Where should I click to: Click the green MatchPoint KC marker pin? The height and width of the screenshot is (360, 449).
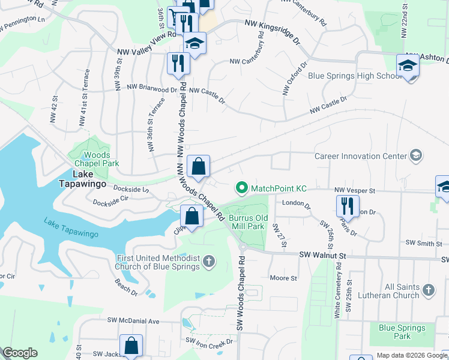point(242,188)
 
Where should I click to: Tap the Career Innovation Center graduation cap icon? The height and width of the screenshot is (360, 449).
point(415,156)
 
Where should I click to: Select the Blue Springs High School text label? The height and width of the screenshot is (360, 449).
point(354,76)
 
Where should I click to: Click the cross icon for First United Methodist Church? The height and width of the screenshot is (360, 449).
point(209,261)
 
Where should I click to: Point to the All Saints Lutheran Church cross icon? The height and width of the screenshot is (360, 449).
point(428,290)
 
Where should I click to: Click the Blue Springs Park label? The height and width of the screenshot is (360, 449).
point(402,332)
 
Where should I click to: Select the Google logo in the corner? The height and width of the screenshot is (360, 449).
point(19,353)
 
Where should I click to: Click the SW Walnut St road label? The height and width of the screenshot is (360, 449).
point(323,255)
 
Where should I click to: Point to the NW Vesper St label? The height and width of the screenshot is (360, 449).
point(354,190)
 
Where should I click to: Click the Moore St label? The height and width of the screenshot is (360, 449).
point(283,278)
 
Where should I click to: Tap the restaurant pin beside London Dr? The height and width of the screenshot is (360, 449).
point(347,207)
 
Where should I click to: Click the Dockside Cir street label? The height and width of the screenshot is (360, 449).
point(111,200)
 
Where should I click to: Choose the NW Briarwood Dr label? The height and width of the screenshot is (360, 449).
point(152,87)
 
